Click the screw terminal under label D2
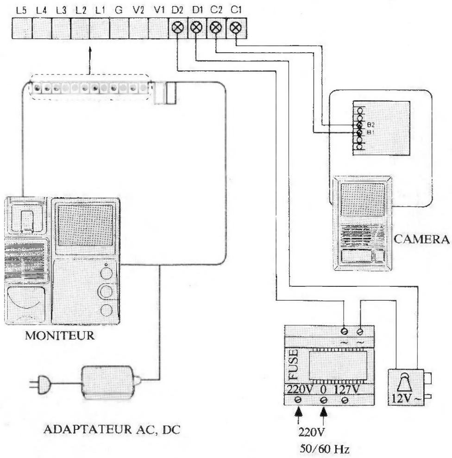(176, 29)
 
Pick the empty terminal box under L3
(61, 29)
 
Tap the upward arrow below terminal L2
(89, 60)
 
